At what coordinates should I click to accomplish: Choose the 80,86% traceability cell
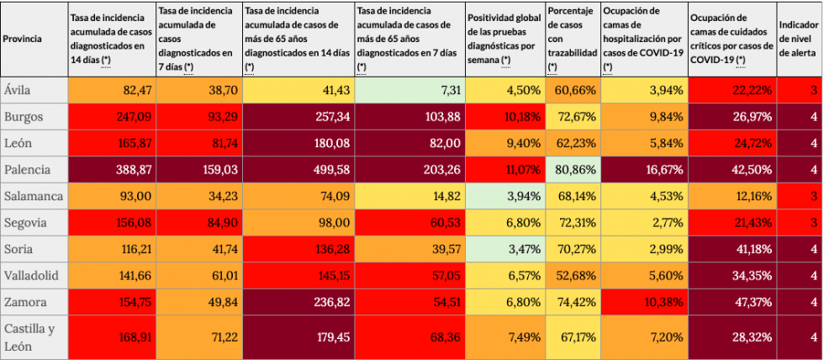572,169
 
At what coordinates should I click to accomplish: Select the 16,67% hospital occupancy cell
644,169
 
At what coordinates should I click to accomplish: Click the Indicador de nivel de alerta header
800,39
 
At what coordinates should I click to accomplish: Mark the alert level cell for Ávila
800,89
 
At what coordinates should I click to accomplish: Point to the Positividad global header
504,39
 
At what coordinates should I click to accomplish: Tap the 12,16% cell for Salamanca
732,196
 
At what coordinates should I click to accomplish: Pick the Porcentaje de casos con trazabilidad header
572,39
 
